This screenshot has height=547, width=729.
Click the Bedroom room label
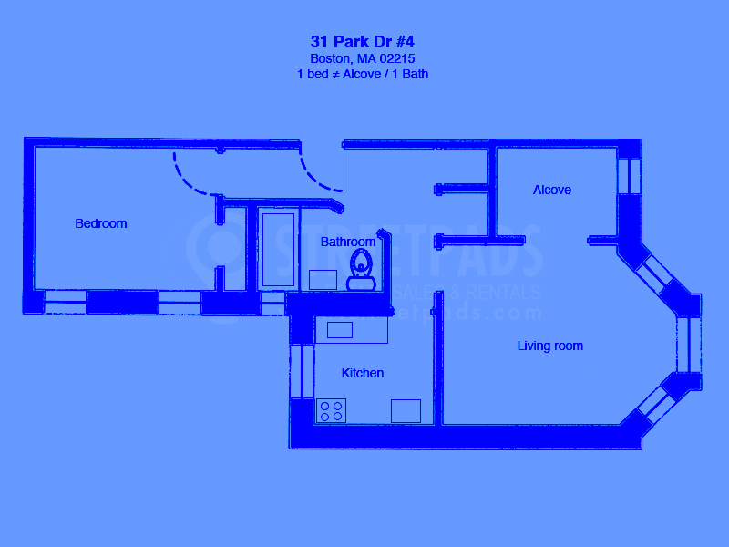101,223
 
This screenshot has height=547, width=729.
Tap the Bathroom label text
348,242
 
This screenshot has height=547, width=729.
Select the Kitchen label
363,373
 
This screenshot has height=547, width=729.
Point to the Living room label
550,346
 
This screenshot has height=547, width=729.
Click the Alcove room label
552,190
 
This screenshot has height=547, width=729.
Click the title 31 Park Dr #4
363,42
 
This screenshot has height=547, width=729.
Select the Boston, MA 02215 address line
363,58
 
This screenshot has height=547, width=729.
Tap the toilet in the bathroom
363,263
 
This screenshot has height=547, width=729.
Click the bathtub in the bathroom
278,248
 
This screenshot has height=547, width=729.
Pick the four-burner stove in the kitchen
331,411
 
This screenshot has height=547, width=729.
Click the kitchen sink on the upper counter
340,330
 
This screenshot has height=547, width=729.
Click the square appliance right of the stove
406,411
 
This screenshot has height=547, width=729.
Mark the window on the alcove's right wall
630,177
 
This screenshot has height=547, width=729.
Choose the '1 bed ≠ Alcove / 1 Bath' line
363,75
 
